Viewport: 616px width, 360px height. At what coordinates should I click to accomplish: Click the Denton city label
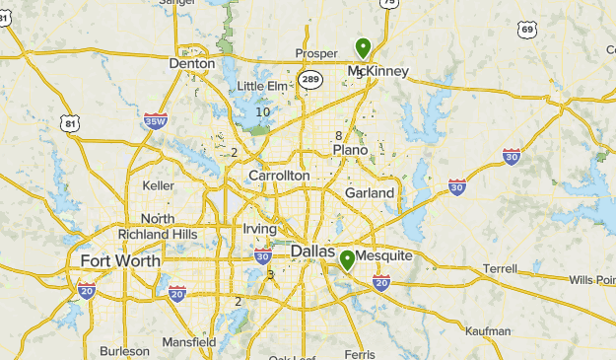tap(192, 63)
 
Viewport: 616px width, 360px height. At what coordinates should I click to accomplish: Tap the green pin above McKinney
tap(363, 47)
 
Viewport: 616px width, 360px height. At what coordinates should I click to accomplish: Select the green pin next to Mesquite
tap(347, 260)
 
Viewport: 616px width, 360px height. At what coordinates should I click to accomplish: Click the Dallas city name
tap(314, 252)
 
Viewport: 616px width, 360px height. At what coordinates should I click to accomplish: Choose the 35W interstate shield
tap(156, 121)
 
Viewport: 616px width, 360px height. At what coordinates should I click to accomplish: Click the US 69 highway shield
tap(528, 30)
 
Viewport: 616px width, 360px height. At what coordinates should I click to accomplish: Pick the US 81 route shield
tap(68, 123)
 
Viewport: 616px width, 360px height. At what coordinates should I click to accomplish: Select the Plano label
tap(350, 150)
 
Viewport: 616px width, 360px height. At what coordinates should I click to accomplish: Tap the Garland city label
tap(370, 192)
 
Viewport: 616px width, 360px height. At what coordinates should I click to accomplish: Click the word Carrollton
tap(279, 176)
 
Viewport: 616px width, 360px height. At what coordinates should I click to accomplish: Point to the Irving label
tap(259, 229)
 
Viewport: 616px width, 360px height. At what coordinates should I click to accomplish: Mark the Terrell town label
tap(500, 267)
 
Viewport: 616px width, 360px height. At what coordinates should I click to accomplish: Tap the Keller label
tap(158, 185)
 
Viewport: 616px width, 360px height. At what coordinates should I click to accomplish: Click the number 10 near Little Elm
tap(262, 112)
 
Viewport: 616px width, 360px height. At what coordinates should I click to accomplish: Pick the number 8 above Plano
tap(338, 136)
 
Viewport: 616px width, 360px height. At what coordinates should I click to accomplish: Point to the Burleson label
tap(124, 350)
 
